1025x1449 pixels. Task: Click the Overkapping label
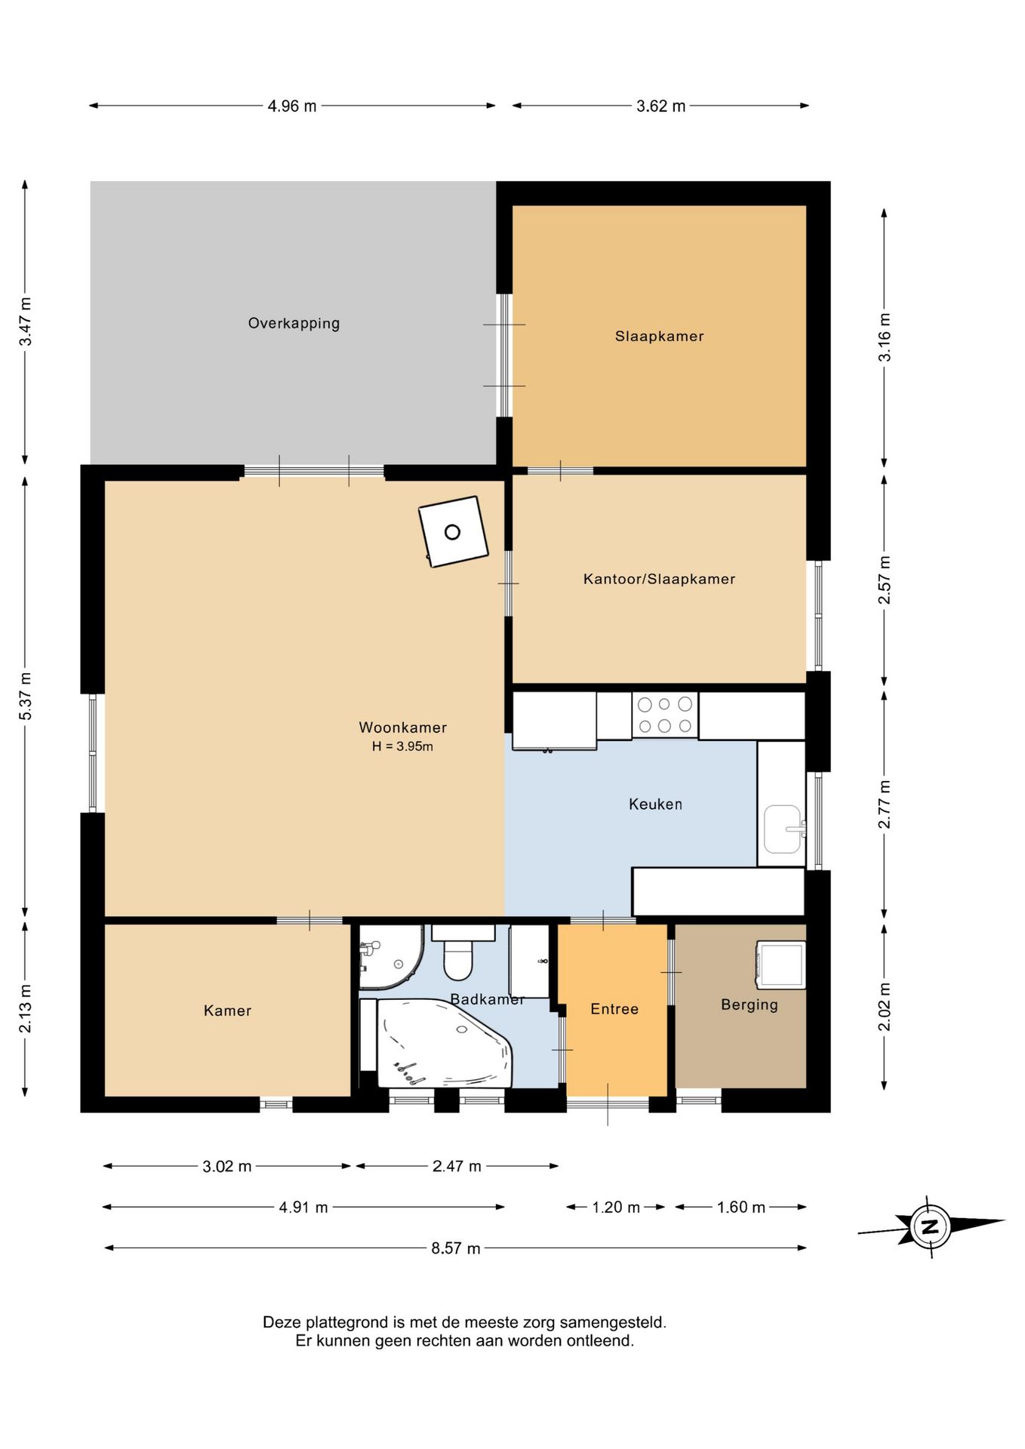tap(294, 323)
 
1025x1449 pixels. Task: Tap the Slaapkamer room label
tap(659, 336)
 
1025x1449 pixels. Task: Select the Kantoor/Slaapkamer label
tap(659, 579)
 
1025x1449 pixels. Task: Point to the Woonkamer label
tap(402, 728)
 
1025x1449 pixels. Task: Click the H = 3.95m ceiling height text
tap(402, 746)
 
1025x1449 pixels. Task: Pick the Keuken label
tap(655, 804)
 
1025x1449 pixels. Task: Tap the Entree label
tap(614, 1009)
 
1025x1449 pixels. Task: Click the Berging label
tap(749, 1004)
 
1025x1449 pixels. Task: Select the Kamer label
tap(227, 1011)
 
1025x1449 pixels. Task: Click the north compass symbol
tap(931, 1226)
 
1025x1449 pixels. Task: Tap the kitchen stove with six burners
tap(665, 715)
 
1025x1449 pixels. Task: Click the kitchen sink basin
tap(783, 829)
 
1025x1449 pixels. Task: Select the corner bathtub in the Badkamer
tap(445, 1044)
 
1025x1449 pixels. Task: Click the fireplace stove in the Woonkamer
tap(453, 532)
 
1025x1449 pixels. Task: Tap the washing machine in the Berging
tap(781, 964)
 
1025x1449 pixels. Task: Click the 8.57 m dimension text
tap(456, 1248)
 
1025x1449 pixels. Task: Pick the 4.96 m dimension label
tap(292, 106)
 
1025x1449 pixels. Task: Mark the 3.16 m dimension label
tap(885, 337)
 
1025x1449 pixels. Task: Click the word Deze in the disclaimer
tap(280, 1322)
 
